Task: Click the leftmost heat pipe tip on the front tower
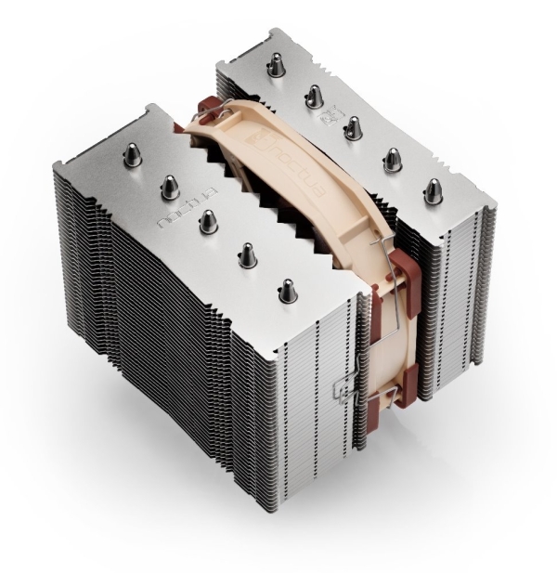[x=133, y=153]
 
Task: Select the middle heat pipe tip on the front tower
[x=207, y=221]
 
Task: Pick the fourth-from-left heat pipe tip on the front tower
[x=249, y=254]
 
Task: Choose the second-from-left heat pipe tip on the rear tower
[x=314, y=95]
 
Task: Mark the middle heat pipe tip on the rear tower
[x=352, y=126]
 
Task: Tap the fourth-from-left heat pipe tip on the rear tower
[x=391, y=159]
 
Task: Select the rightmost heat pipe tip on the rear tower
[x=432, y=190]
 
